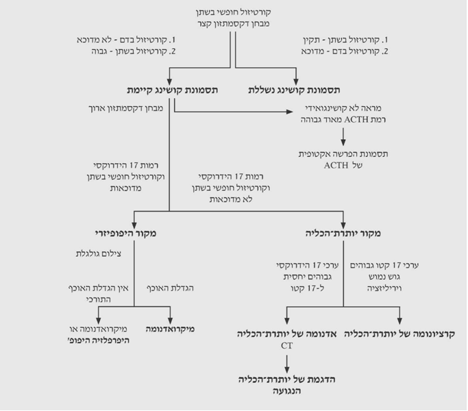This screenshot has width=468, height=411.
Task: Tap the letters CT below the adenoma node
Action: click(x=286, y=346)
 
